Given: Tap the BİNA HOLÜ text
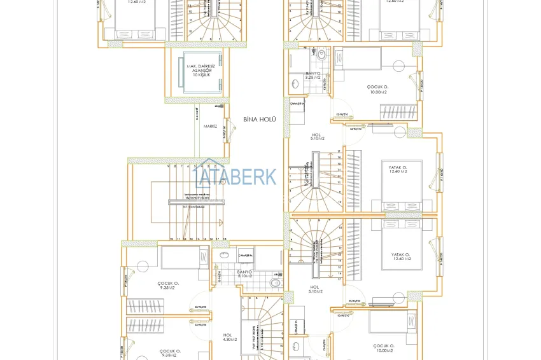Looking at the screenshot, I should pos(259,119).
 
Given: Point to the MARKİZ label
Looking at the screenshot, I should pos(210,127).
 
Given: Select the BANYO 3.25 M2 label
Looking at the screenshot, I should pos(313,75).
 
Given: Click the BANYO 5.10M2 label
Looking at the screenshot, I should pos(245,274).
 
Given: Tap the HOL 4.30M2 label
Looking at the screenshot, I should pos(227,336).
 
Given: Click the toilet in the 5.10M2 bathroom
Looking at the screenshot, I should pos(274,282).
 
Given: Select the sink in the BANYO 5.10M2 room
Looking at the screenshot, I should pos(223,256).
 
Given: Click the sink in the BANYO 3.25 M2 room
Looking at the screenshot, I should pos(295,83).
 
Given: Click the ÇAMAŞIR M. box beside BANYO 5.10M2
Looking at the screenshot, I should pos(246,256).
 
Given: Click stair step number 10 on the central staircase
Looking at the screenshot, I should pos(171,239).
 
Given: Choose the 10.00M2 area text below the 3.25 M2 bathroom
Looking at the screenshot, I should pos(377,92).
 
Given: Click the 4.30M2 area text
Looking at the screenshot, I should pos(228,340).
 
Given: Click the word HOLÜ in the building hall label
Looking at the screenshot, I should pos(268,119).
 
